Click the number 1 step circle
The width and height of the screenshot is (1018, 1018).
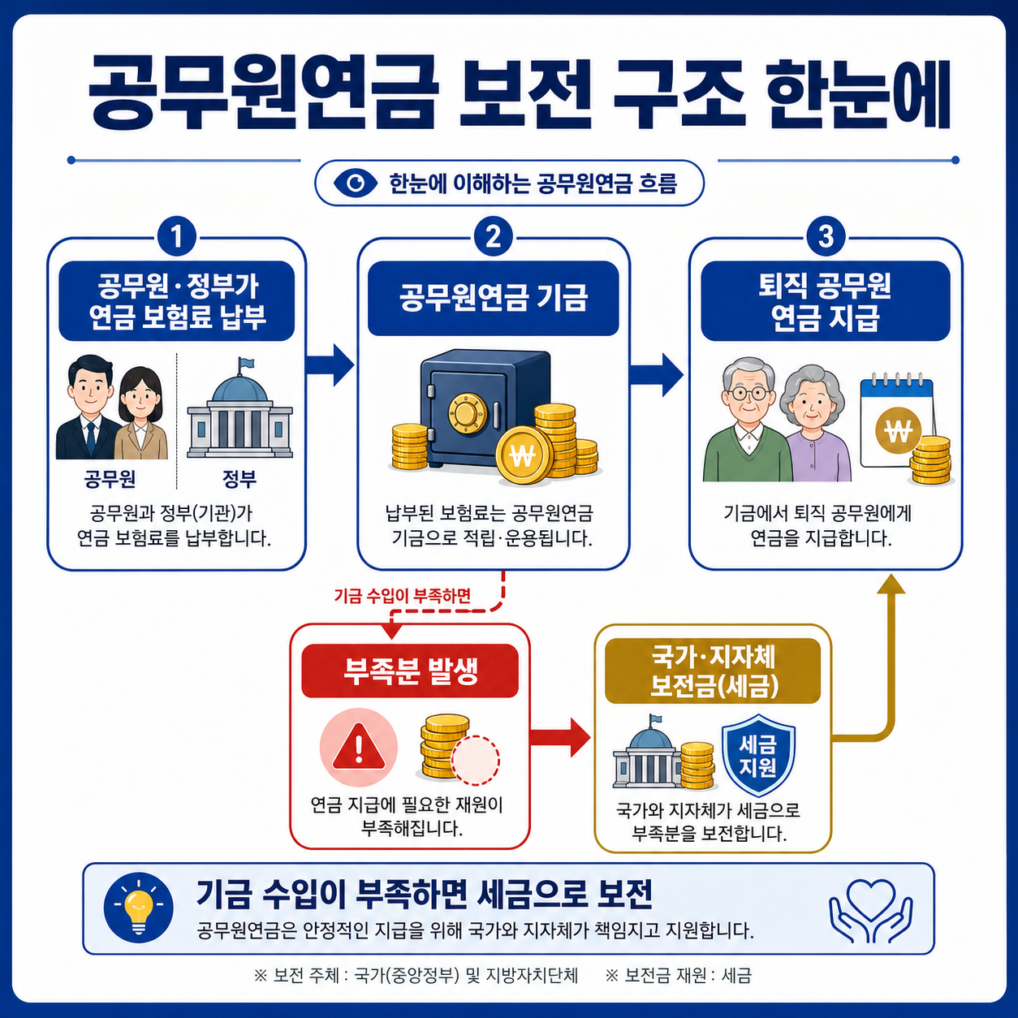(176, 237)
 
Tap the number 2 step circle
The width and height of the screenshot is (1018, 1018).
(493, 237)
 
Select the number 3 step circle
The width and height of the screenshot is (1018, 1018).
(826, 237)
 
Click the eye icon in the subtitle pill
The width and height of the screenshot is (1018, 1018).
(356, 183)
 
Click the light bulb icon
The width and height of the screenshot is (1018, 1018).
(139, 907)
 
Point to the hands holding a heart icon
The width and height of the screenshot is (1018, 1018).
(870, 909)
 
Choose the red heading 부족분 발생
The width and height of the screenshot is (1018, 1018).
(410, 671)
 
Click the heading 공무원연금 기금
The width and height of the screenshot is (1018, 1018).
(493, 298)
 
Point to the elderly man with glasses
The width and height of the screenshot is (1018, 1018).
(748, 422)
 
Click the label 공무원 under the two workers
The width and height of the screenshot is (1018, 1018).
(110, 479)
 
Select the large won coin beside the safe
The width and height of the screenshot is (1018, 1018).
(523, 455)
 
